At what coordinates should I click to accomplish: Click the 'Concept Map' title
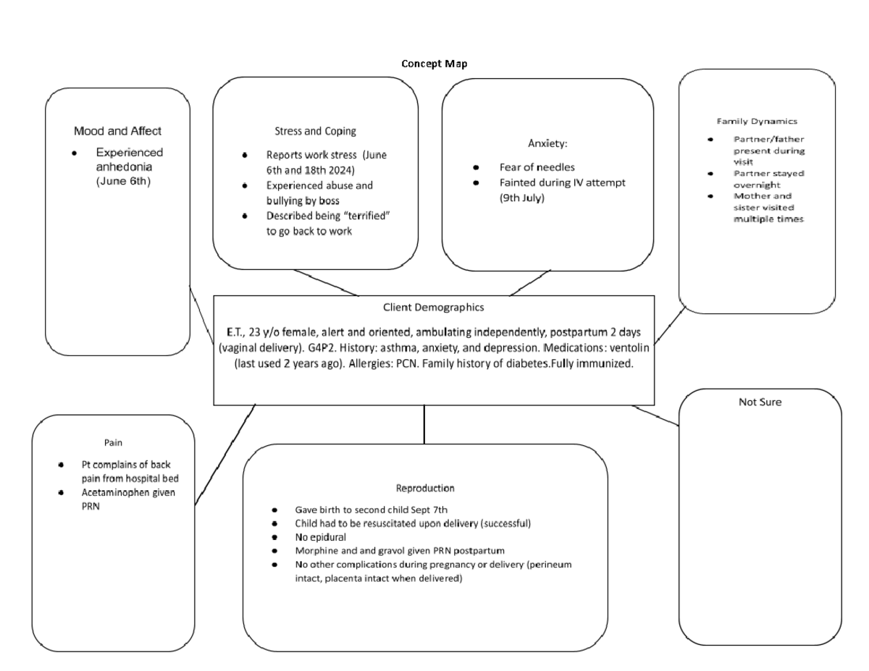click(434, 64)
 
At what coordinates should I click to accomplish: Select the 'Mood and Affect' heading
click(117, 132)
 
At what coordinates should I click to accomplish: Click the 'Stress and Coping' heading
click(314, 131)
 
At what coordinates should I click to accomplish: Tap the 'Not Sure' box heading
click(759, 402)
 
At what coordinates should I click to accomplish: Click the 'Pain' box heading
click(114, 440)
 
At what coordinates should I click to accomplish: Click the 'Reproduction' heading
click(425, 488)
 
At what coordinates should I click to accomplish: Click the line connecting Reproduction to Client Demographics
click(424, 424)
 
